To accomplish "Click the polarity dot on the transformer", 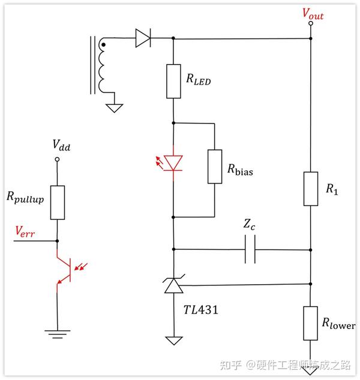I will point(103,44).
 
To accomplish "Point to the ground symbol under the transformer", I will point(114,108).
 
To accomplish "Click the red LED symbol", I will point(173,162).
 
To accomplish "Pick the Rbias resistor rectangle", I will point(214,166).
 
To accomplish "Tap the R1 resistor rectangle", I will point(311,189).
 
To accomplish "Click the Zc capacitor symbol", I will point(250,248).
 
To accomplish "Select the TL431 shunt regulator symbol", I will point(173,285).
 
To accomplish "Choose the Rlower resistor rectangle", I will point(311,324).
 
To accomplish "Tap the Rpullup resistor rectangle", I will point(57,202).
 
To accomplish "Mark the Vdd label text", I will point(60,144).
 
